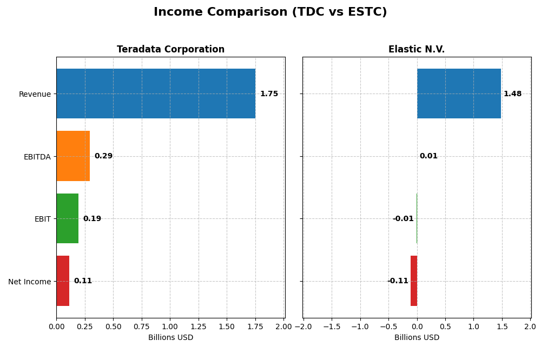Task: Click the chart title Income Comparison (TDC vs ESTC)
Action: tap(270, 12)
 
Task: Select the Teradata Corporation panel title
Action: tap(170, 50)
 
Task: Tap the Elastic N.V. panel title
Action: tap(416, 50)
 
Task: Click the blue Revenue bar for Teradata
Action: tap(156, 94)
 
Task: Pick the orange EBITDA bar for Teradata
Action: tap(73, 156)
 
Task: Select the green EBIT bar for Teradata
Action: tap(67, 218)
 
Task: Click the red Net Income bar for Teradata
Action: tap(63, 281)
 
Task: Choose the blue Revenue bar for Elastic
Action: tap(459, 94)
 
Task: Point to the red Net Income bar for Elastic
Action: tap(414, 281)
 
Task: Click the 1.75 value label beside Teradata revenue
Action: tap(269, 94)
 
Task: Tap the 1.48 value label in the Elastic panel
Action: tap(512, 94)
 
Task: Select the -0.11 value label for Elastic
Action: tap(398, 281)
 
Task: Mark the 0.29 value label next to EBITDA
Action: tap(103, 156)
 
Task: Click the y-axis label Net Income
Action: tap(29, 282)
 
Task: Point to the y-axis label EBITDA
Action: tap(37, 157)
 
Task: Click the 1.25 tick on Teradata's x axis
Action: tap(199, 327)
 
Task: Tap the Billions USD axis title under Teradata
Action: tap(170, 338)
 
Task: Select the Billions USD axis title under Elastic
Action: tap(417, 338)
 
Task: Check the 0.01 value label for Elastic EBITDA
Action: tap(428, 156)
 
